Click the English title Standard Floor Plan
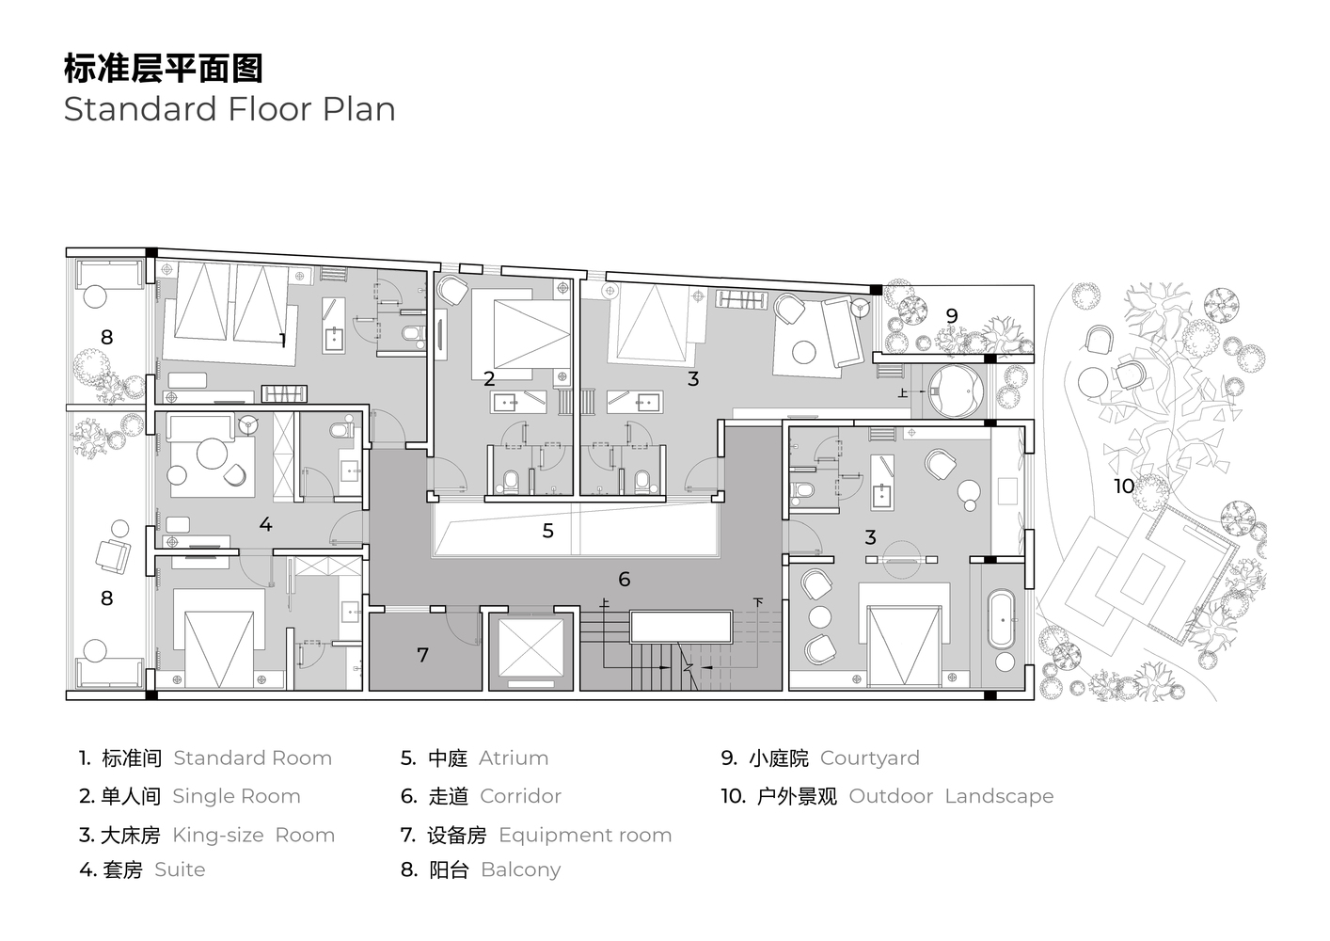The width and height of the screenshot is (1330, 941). pos(230,109)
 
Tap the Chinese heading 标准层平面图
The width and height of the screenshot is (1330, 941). pos(163,69)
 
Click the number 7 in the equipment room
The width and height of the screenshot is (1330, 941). pos(423,655)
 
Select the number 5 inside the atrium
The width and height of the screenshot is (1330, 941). pos(548,531)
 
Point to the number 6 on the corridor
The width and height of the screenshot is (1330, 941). pos(624,579)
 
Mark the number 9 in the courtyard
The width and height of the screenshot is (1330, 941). pos(952,316)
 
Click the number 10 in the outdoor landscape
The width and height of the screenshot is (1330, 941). pos(1124,486)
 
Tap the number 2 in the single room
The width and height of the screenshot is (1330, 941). pos(489,378)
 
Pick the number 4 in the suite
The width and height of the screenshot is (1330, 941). pos(266,524)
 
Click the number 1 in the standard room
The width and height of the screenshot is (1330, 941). pos(282,340)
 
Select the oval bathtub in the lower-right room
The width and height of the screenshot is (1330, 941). pos(1002,619)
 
